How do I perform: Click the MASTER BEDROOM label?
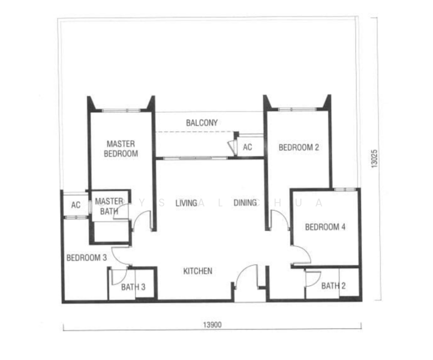tap(121, 149)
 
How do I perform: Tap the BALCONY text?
tap(202, 122)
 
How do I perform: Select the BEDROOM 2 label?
tap(299, 147)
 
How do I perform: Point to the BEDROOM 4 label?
tap(325, 227)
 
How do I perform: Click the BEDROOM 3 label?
tap(86, 258)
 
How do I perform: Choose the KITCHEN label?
tap(198, 271)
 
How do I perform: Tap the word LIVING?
tap(187, 203)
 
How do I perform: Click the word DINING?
tap(245, 203)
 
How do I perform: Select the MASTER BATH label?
tap(109, 206)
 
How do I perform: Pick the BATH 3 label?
tap(133, 287)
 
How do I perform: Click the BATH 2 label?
tap(333, 286)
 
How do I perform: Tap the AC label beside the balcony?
tap(248, 147)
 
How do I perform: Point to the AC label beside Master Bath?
tap(76, 205)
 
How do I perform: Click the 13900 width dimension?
tap(212, 325)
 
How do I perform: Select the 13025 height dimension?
tap(374, 159)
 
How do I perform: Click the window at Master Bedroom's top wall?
tap(121, 110)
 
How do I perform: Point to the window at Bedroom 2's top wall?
tap(297, 109)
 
